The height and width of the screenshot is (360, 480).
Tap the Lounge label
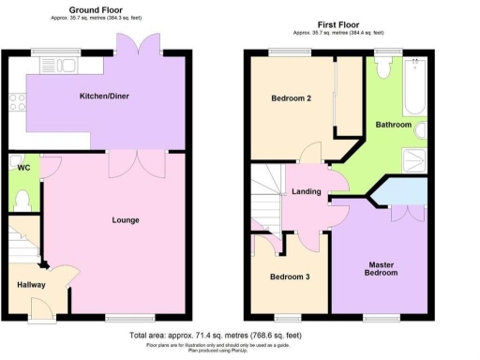point(125,220)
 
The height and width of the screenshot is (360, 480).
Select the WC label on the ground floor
point(23,168)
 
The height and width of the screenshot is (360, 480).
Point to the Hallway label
point(31,284)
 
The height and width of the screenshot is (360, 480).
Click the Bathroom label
point(394,125)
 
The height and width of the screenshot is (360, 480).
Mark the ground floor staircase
point(22,240)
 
